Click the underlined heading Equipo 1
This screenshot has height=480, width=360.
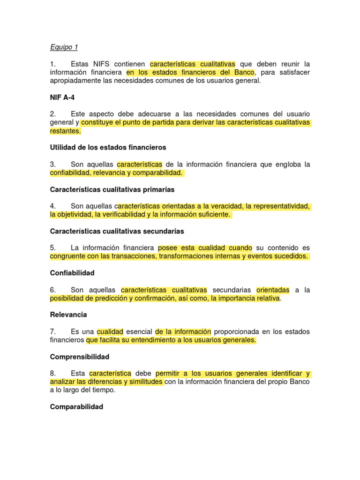coord(64,47)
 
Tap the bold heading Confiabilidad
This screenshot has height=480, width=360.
coord(72,273)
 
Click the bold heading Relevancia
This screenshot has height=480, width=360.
coord(68,315)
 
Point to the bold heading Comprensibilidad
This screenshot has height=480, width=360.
coord(79,357)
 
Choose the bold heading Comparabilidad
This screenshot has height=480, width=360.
coord(76,407)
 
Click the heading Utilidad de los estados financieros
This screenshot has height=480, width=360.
coord(108,147)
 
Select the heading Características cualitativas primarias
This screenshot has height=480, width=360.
coord(112,189)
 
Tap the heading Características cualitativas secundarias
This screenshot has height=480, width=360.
coord(117,231)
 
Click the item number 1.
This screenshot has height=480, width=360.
coord(53,64)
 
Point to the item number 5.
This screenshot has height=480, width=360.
coord(53,247)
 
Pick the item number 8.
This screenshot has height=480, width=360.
coord(53,374)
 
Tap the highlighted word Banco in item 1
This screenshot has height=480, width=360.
coord(244,72)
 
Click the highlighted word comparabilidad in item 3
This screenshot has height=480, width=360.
coord(158,173)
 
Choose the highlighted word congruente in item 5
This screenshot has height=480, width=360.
coord(67,256)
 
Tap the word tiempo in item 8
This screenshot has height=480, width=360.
coord(103,390)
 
